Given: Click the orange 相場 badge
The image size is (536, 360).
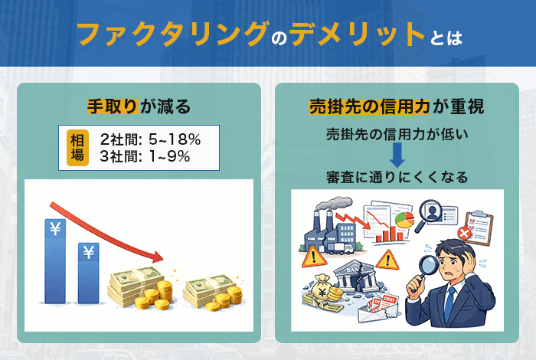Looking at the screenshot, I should coord(78,148).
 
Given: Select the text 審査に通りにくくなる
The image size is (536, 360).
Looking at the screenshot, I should coord(397,178).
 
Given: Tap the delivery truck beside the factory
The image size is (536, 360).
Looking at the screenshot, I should coord(344,247).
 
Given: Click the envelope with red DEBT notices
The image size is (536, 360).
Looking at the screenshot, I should coord(382,309).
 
